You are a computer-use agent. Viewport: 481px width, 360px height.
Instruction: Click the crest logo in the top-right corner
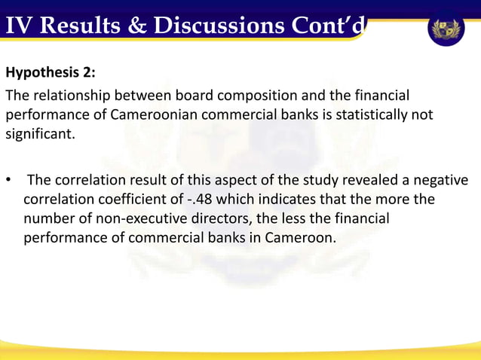click(446, 29)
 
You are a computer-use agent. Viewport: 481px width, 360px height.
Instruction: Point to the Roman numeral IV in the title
click(19, 26)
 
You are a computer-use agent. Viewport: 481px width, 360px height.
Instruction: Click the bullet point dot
click(9, 181)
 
